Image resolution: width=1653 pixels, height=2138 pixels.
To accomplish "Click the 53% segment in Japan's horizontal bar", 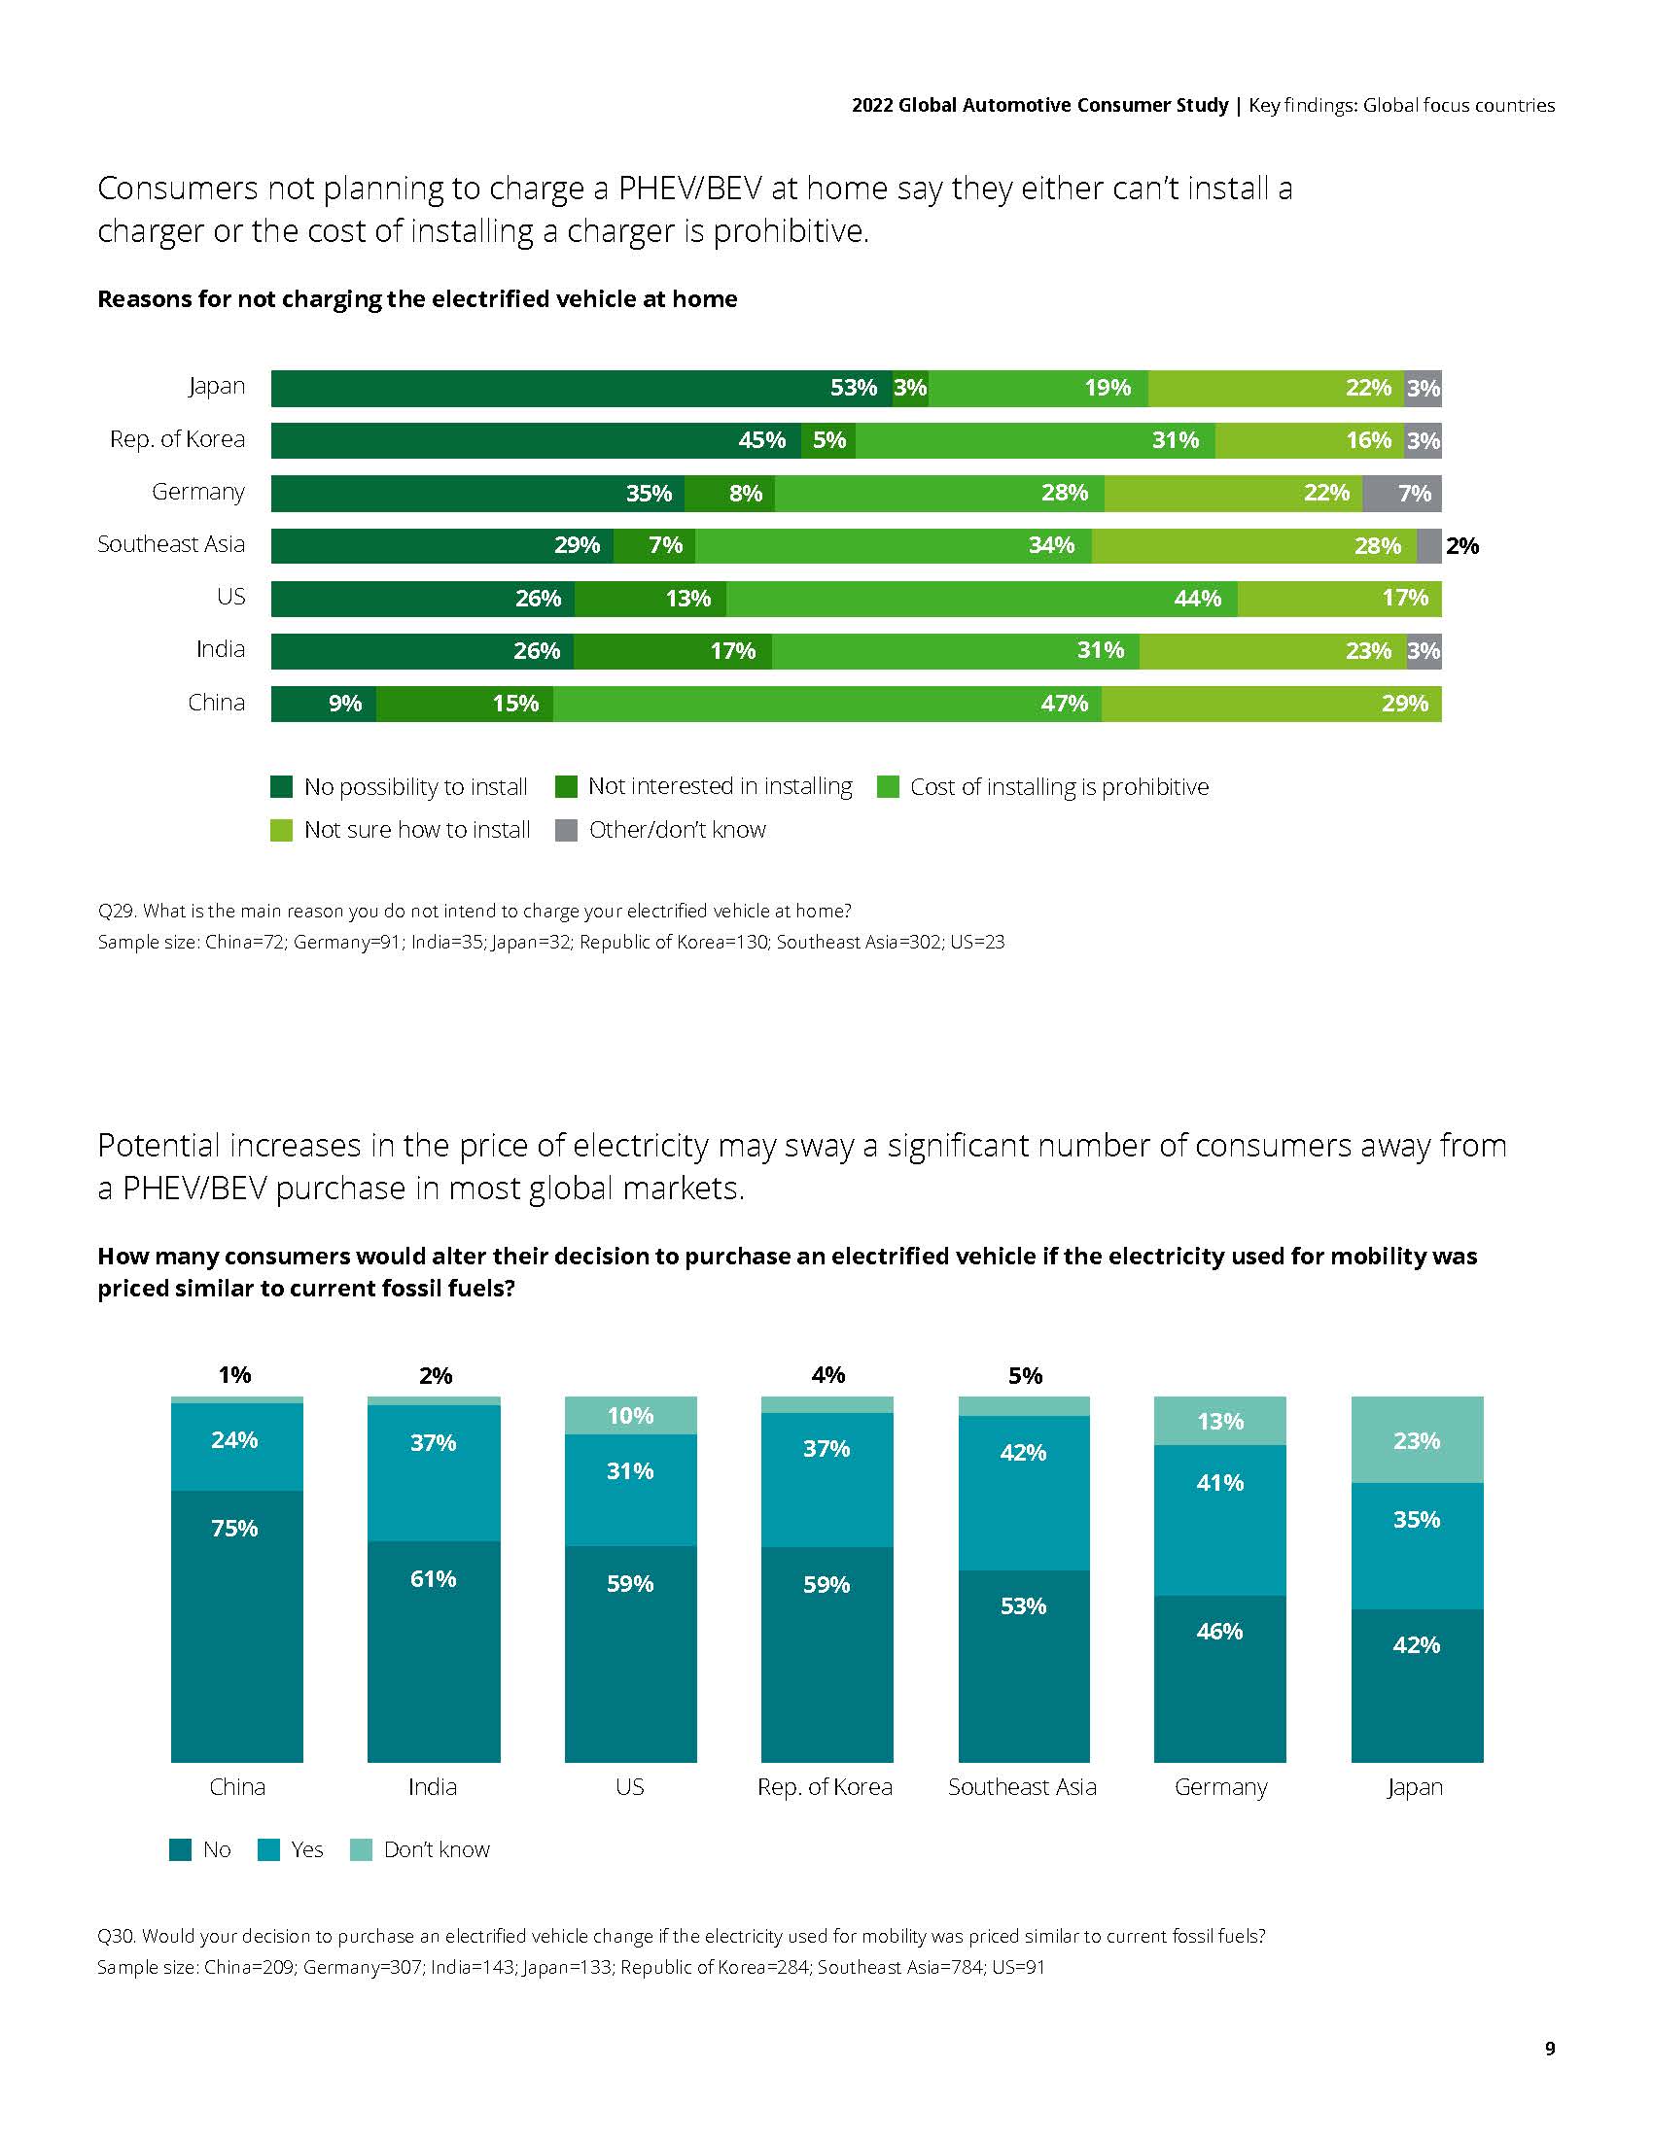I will tap(580, 388).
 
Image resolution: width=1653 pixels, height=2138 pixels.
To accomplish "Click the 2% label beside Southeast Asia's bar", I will tap(1462, 546).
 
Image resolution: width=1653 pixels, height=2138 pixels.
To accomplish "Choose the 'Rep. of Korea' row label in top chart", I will tap(177, 439).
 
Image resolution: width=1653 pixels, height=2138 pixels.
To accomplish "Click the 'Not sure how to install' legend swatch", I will tap(282, 830).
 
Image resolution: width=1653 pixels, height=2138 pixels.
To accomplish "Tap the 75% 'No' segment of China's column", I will tap(236, 1625).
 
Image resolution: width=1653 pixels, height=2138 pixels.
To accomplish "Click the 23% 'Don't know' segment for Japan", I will tap(1416, 1440).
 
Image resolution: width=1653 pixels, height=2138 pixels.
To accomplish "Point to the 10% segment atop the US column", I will tap(631, 1416).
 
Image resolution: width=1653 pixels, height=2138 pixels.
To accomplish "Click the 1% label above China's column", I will tap(235, 1375).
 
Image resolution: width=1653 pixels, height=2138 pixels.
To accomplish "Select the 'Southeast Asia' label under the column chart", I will tap(1022, 1786).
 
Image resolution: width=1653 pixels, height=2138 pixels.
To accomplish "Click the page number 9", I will tap(1549, 2049).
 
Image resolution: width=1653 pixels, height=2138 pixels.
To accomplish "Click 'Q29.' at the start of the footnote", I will tap(117, 912).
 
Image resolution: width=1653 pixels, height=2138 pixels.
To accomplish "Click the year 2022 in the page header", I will tap(871, 106).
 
